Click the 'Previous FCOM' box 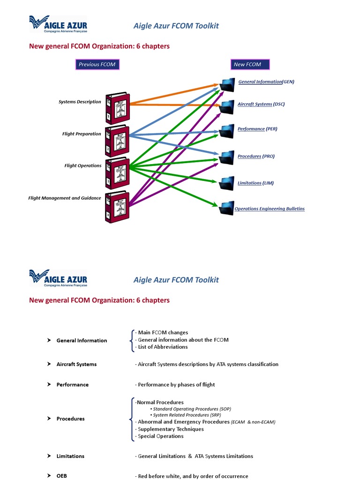pos(97,64)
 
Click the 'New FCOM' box pos(247,64)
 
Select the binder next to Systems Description pos(117,107)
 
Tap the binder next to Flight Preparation pos(117,141)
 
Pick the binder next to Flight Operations pos(117,173)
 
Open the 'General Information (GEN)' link pos(266,82)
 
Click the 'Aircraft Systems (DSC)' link pos(261,104)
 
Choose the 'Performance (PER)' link pos(257,129)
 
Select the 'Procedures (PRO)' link pos(256,156)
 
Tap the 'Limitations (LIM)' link pos(255,183)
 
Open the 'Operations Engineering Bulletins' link pos(269,209)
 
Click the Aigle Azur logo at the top pos(58,24)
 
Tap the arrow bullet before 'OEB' pos(49,476)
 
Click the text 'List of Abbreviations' pos(162,347)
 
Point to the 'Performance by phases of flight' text pos(176,384)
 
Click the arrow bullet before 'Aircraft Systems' pos(49,364)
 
